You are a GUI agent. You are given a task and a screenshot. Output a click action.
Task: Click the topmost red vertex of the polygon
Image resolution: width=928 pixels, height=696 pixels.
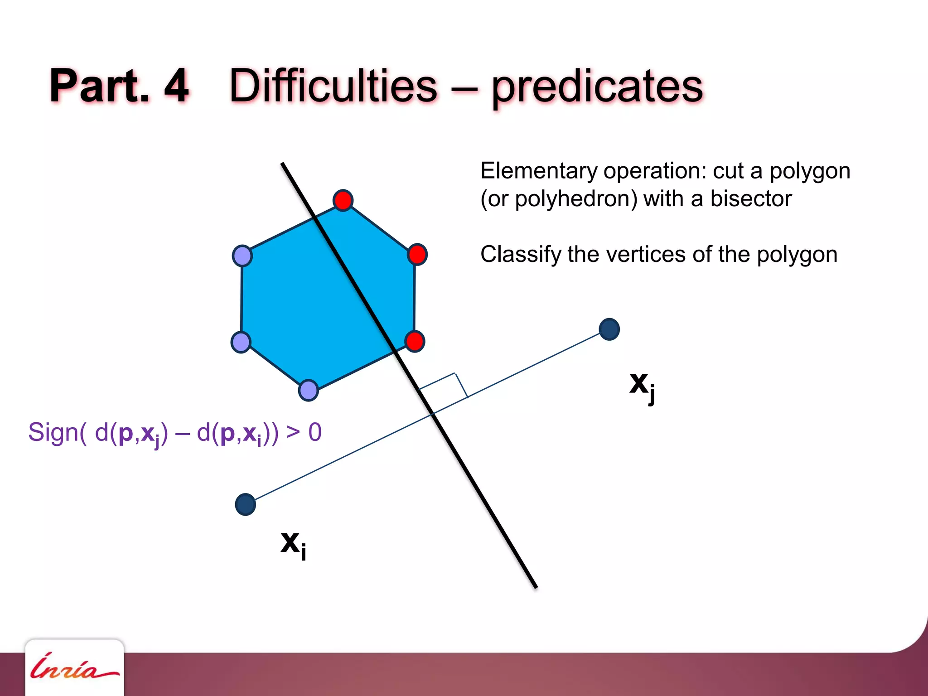coord(343,200)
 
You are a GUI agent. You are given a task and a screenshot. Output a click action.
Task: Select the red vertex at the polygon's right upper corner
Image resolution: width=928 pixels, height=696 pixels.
coord(417,254)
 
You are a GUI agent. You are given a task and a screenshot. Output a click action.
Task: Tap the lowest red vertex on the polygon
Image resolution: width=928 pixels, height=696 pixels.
coord(415,341)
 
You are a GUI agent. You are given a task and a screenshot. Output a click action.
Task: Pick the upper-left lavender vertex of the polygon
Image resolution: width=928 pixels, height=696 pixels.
coord(242,256)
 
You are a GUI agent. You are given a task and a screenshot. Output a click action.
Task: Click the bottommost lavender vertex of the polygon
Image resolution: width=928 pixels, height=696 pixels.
coord(309,390)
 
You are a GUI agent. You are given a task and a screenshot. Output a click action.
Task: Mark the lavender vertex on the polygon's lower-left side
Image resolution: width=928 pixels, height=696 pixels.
coord(241,342)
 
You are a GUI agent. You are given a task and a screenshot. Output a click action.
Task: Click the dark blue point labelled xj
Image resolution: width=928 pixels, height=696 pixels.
coord(609,329)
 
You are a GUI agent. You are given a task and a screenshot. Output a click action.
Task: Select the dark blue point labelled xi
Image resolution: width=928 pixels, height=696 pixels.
coord(246,504)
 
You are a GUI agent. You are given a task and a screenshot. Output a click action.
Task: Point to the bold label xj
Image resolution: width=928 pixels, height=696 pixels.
coord(642,386)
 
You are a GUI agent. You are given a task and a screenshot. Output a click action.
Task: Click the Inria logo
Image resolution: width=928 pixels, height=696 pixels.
coord(74,668)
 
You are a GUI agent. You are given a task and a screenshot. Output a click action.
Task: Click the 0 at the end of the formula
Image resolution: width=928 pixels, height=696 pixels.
coord(315,432)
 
